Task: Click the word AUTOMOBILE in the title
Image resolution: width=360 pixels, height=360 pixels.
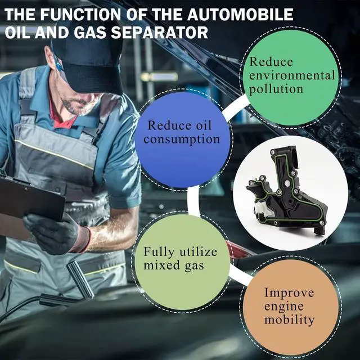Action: (x=240, y=15)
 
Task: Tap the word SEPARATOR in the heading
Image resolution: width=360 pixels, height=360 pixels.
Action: (x=159, y=32)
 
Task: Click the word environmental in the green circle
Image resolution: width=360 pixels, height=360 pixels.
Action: (x=292, y=75)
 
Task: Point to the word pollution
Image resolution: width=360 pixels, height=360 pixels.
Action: (x=276, y=89)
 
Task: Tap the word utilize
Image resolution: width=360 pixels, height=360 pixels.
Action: (x=198, y=251)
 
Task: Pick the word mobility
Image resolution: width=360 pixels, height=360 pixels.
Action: (x=289, y=320)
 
